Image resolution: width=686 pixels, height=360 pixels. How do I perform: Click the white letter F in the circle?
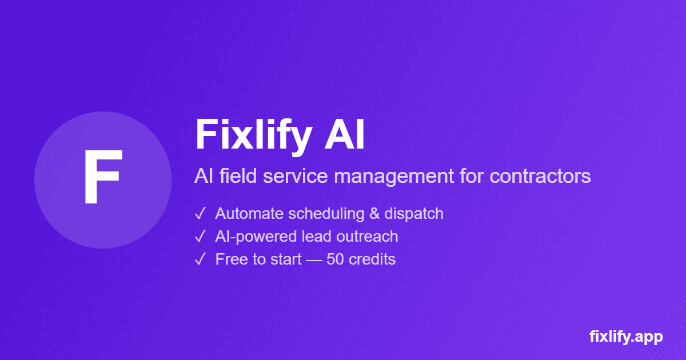pyautogui.click(x=102, y=178)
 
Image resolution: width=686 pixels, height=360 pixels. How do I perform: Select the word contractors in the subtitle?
pyautogui.click(x=540, y=176)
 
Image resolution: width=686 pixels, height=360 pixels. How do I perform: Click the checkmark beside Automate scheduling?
pyautogui.click(x=201, y=214)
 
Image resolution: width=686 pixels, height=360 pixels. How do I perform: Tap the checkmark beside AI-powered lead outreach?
pyautogui.click(x=201, y=237)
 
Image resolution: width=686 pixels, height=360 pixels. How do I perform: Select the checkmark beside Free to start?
pyautogui.click(x=201, y=259)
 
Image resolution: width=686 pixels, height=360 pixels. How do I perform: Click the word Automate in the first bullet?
pyautogui.click(x=249, y=214)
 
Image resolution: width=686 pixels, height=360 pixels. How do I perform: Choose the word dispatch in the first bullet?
pyautogui.click(x=414, y=214)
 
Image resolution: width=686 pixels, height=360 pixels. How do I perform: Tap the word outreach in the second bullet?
pyautogui.click(x=370, y=237)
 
